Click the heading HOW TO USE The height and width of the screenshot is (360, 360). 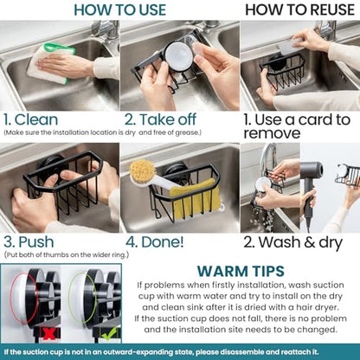tap(120, 10)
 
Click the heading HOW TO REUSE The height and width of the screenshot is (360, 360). tap(299, 10)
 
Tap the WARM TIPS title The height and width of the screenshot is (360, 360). tap(241, 271)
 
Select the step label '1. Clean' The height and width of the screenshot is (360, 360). tap(31, 119)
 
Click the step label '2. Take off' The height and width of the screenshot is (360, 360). tap(160, 119)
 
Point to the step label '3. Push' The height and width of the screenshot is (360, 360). tap(29, 241)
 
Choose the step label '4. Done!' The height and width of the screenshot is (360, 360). tap(155, 241)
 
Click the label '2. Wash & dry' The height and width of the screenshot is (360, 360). tap(292, 242)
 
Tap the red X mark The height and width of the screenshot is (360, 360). tap(48, 334)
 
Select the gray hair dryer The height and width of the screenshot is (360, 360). tap(311, 184)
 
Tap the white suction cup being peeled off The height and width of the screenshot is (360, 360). tap(178, 55)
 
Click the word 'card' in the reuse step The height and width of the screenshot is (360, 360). tap(315, 119)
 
